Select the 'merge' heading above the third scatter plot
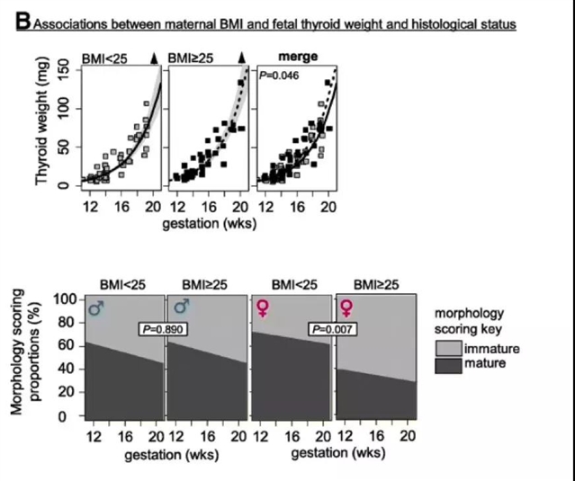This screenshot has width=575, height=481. coord(298,57)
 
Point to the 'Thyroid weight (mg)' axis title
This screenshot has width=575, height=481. coord(41,123)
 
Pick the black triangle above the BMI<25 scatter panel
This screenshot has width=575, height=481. coord(154,58)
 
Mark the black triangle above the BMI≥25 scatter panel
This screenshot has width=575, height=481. coord(241,58)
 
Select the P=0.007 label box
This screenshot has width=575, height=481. coord(333,329)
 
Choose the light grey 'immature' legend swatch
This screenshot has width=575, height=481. coord(449,348)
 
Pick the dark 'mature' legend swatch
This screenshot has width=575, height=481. coord(449,363)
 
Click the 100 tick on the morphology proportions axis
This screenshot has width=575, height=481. coord(65,298)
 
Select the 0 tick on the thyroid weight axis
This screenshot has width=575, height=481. coord(63,186)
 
